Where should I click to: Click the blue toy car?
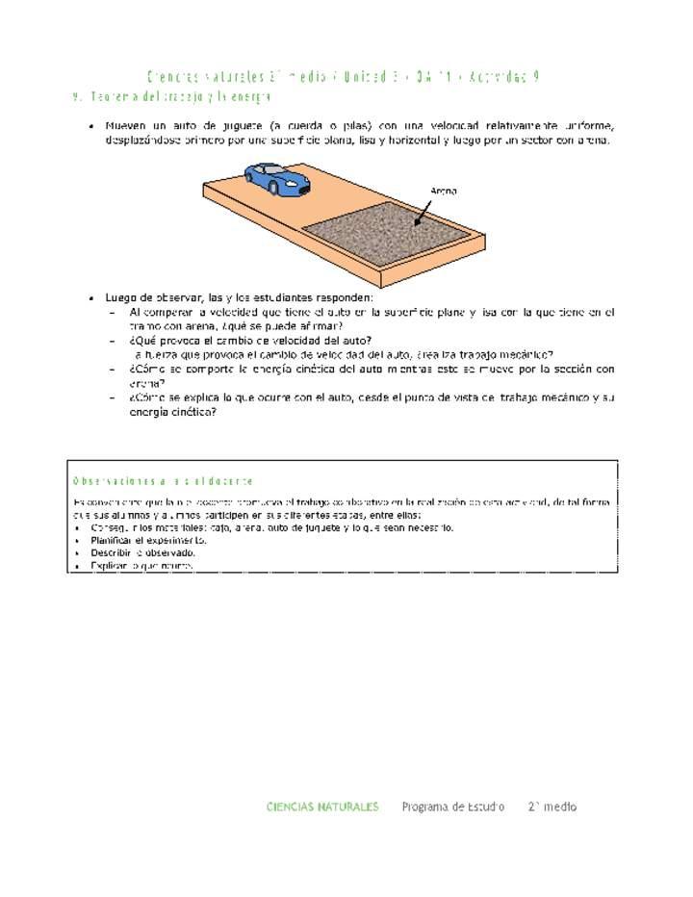(x=277, y=178)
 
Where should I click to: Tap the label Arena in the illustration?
(x=444, y=191)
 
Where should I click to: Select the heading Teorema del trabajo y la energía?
(x=179, y=97)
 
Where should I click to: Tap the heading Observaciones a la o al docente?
(x=163, y=480)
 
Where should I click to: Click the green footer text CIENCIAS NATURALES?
(x=322, y=807)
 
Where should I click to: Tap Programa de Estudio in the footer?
(x=452, y=807)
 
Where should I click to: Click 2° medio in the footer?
(x=552, y=807)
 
